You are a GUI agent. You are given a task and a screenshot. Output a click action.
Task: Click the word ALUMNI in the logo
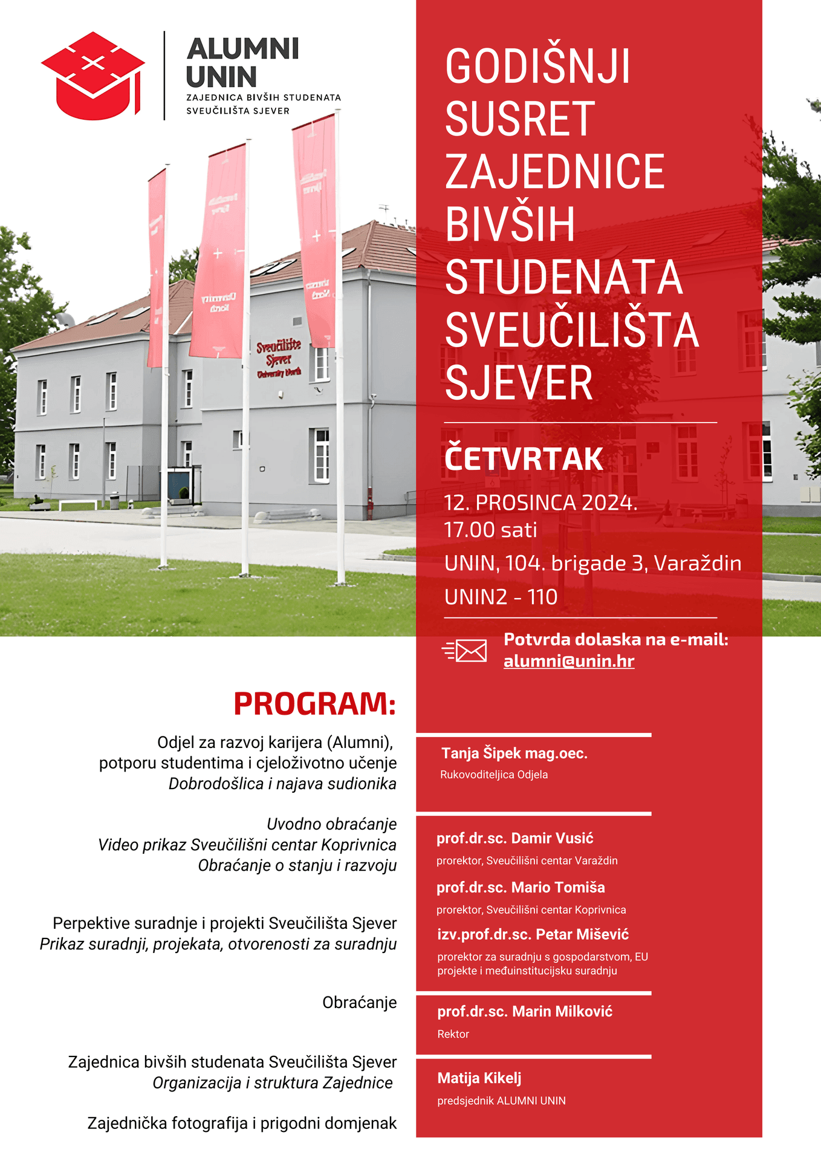pos(243,49)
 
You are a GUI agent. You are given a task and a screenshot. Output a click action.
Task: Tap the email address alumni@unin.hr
pos(569,661)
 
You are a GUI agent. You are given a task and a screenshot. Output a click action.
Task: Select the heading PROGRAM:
pos(314,704)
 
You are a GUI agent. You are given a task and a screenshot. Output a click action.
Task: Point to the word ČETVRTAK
pos(524,458)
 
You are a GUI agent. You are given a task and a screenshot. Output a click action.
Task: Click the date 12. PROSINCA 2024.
pos(540,502)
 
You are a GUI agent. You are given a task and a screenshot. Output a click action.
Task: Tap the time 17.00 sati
pos(490,530)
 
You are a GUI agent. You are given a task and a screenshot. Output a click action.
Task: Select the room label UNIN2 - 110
pos(501,597)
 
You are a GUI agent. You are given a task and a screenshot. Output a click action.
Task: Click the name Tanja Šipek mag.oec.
pos(514,753)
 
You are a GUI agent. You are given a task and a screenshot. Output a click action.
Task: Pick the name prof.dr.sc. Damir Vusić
pos(515,838)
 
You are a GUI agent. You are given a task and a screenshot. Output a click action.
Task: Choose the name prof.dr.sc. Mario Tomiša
pos(521,887)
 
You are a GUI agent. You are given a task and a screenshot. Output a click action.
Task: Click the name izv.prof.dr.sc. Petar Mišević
pos(533,934)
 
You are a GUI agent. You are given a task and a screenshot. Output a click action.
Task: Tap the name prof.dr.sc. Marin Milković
pos(525,1011)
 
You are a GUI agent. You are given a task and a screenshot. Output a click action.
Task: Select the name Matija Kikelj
pos(479,1078)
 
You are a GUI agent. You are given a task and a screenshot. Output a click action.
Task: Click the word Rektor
pos(453,1034)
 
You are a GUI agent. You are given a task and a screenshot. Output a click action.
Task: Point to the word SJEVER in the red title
pos(519,383)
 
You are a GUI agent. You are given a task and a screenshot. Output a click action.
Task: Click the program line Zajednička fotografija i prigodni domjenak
pos(242,1123)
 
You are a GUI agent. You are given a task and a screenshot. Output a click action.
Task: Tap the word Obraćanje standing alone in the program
pos(359,1002)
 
